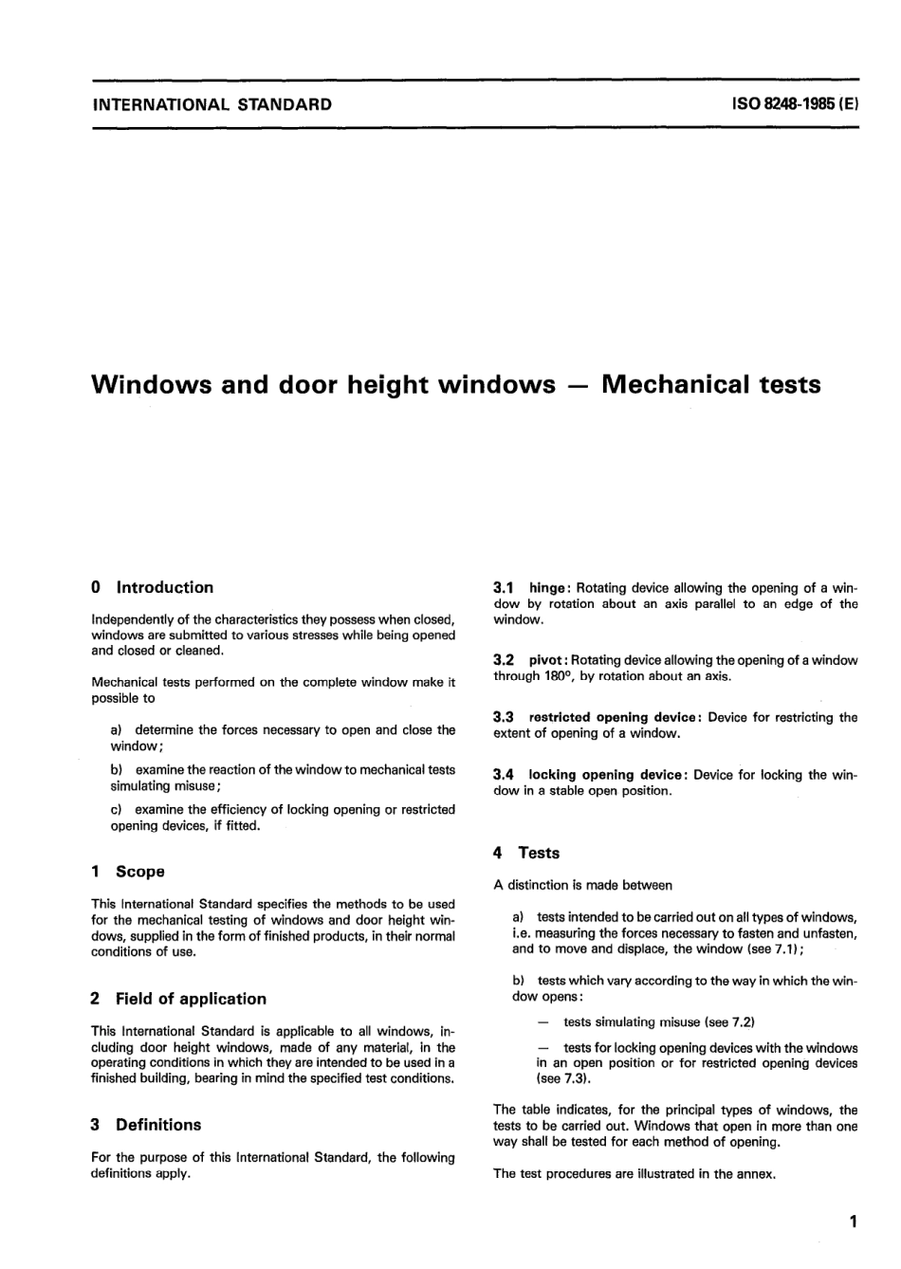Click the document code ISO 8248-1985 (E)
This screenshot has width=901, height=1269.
(795, 105)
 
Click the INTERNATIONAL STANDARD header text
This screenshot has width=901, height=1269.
(211, 105)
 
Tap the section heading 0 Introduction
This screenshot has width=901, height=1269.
(153, 587)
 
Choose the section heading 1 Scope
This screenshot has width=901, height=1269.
(128, 871)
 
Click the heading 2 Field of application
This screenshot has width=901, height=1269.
(179, 998)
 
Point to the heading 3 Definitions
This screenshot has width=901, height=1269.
(146, 1124)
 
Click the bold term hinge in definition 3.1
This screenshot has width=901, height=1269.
(548, 588)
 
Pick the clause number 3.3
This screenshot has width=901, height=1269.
(504, 718)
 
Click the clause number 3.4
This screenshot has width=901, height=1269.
(504, 775)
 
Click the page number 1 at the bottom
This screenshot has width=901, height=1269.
(853, 1222)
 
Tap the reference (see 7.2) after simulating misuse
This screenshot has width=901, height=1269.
(729, 1021)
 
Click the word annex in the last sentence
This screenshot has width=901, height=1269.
(756, 1173)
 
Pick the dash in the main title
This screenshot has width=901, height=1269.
(578, 385)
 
